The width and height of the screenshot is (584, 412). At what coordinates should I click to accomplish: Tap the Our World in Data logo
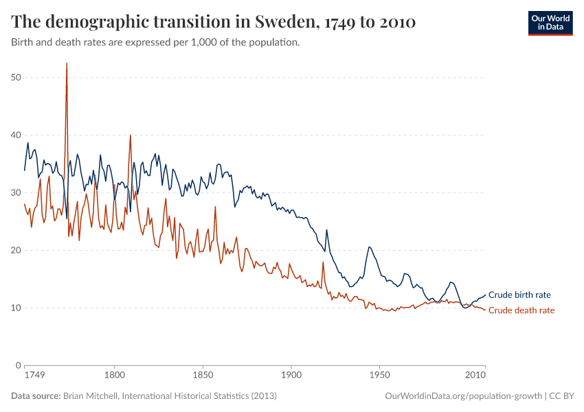pos(550,22)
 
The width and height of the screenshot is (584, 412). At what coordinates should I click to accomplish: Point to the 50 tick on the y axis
pos(16,78)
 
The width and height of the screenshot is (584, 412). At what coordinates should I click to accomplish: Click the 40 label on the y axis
pos(16,135)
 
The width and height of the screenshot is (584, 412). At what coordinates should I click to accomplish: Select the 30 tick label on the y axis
pos(16,193)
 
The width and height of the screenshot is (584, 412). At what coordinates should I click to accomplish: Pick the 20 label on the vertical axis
pos(16,251)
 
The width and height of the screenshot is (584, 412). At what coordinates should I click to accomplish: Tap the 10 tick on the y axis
pos(16,308)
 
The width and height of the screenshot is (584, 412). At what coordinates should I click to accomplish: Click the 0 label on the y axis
pos(19,365)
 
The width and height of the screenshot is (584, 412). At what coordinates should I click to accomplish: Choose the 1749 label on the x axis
pos(34,376)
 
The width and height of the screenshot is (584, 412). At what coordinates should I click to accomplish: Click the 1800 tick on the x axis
pos(114,376)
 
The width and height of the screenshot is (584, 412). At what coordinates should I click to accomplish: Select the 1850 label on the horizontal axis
pos(203,376)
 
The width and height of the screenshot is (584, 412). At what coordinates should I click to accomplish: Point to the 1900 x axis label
pos(291,376)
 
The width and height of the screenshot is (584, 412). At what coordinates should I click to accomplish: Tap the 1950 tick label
pos(380,376)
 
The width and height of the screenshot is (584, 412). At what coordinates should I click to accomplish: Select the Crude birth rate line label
pos(519,295)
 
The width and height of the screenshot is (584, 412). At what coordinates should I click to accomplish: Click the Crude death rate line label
pos(521,310)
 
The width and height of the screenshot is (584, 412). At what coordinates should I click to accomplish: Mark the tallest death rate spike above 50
pos(67,64)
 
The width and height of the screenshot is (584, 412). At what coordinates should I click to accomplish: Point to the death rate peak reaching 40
pos(130,136)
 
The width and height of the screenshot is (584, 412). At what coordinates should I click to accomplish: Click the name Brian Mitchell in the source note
pos(89,396)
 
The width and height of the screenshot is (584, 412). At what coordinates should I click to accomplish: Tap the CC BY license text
pos(563,396)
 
